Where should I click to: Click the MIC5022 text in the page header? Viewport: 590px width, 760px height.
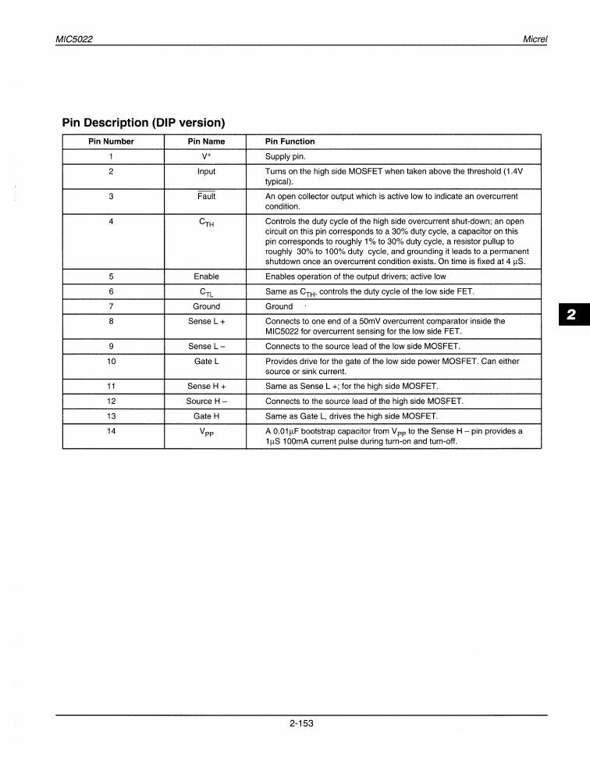coord(76,39)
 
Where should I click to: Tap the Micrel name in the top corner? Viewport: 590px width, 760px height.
coord(535,39)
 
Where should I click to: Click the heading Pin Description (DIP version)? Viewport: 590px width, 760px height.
coord(144,123)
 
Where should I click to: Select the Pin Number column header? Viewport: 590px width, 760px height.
coord(111,141)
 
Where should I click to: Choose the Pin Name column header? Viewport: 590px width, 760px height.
coord(206,141)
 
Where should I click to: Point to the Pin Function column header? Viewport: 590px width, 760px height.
coord(290,141)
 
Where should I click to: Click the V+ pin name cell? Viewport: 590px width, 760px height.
coord(206,156)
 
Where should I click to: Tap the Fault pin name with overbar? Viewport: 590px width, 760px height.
coord(206,196)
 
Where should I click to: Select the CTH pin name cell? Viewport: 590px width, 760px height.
coord(206,223)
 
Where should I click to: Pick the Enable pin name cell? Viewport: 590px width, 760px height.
coord(206,277)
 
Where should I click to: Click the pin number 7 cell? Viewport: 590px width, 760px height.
coord(111,306)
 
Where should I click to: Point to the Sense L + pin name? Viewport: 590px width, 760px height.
coord(206,321)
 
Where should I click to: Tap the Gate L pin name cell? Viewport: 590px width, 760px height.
coord(206,361)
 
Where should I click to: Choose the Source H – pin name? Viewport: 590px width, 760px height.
coord(206,401)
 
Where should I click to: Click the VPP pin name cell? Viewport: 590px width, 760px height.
coord(206,432)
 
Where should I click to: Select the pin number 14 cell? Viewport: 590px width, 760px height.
coord(111,430)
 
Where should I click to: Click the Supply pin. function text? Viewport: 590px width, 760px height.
coord(285,156)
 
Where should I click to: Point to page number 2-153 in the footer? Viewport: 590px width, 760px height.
coord(300,724)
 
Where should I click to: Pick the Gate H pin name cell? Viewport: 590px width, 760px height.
coord(206,416)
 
